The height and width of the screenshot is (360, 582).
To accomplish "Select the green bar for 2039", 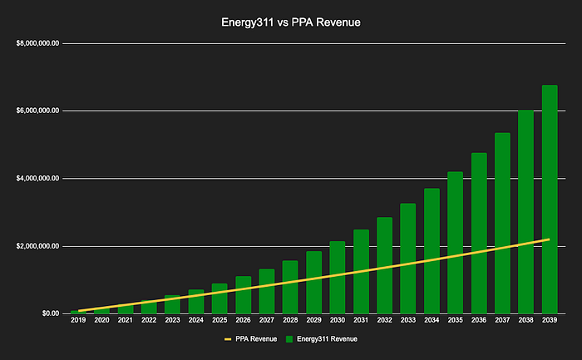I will click(550, 200).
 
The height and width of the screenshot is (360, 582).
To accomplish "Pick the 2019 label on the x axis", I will click(78, 320).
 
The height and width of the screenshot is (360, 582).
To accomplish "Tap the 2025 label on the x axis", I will click(219, 320).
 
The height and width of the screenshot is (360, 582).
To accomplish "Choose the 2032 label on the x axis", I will click(384, 320).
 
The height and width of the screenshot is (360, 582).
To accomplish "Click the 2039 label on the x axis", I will click(550, 320).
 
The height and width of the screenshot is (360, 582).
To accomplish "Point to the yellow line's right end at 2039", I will click(550, 239).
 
